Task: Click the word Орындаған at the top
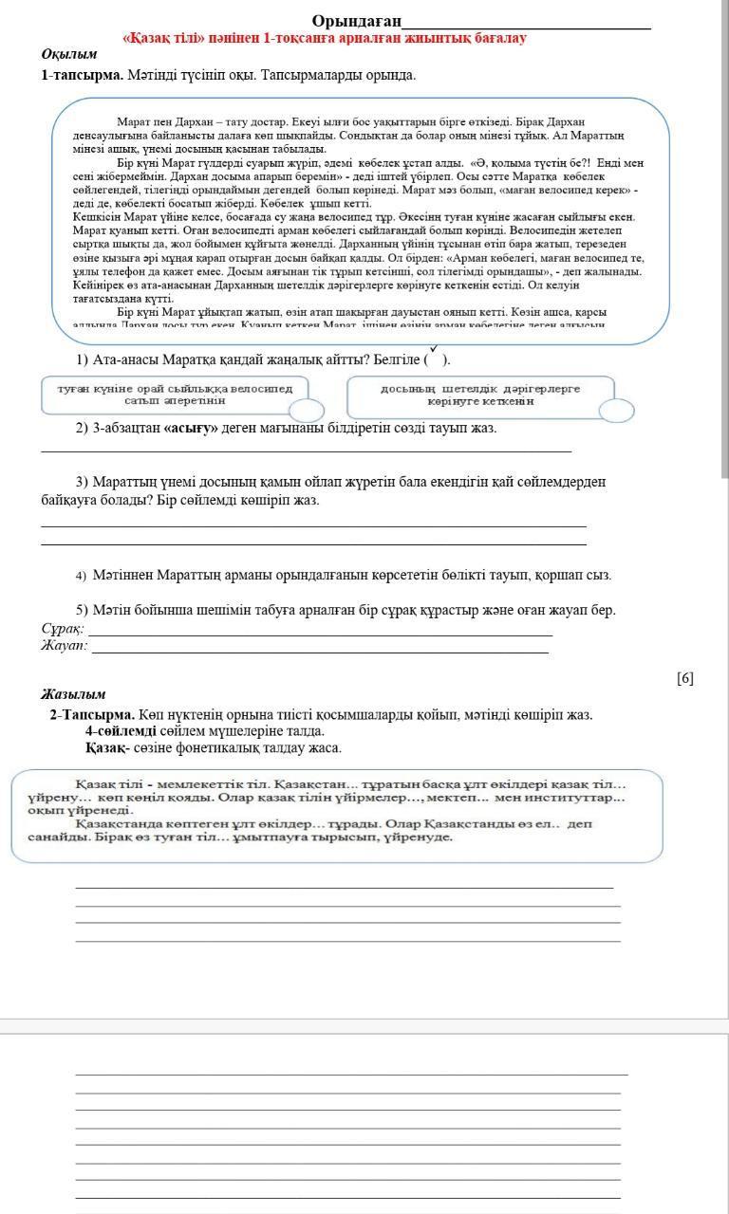[x=356, y=21]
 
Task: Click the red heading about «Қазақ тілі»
[x=325, y=39]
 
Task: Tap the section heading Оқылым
[x=69, y=55]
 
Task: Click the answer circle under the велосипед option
[x=306, y=410]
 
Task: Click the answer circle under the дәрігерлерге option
[x=616, y=410]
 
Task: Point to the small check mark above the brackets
[x=434, y=349]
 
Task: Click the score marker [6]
[x=685, y=677]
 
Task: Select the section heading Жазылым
[x=73, y=694]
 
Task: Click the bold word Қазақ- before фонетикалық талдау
[x=107, y=748]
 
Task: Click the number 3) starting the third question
[x=83, y=482]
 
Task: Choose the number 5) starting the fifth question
[x=83, y=610]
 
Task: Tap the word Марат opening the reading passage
[x=133, y=122]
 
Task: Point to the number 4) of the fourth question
[x=82, y=576]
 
